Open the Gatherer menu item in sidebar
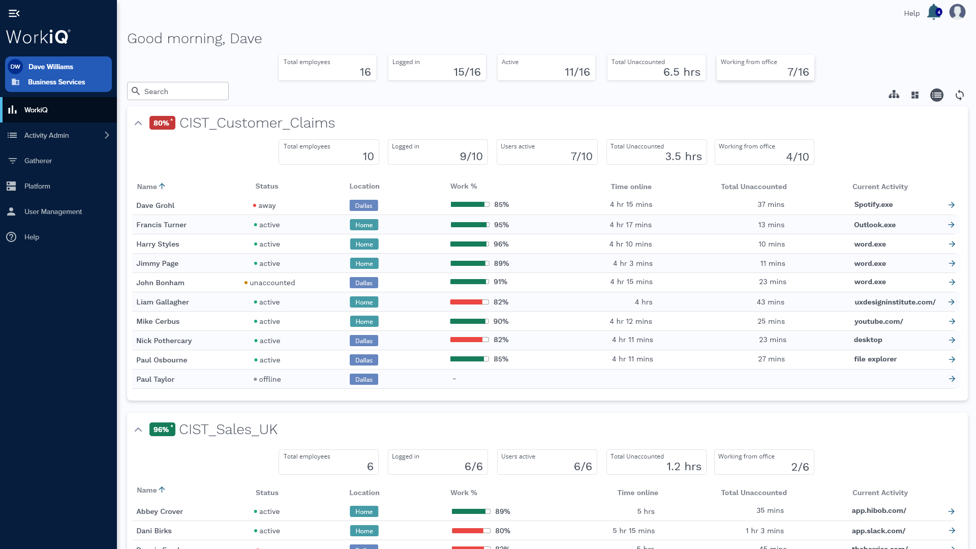(38, 161)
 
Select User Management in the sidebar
(53, 211)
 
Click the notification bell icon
(934, 12)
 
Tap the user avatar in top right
(957, 12)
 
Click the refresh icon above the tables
(959, 95)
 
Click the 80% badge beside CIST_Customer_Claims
(162, 123)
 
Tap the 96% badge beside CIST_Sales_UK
(162, 430)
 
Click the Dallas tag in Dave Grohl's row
(363, 205)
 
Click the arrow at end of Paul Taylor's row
(952, 379)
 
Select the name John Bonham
(160, 283)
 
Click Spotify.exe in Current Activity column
(873, 204)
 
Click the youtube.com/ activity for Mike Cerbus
(878, 321)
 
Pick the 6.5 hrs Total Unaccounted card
(656, 68)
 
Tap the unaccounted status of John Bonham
(271, 283)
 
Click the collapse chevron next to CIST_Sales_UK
(138, 430)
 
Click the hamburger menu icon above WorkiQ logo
(14, 13)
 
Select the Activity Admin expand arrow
(107, 135)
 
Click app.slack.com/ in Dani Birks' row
(878, 531)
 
